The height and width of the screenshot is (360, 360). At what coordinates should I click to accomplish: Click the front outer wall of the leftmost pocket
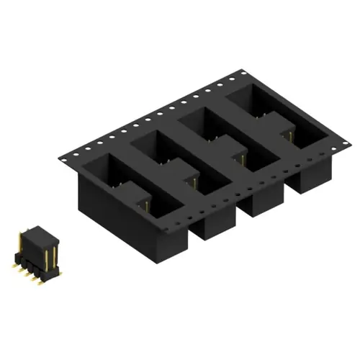pos(108,209)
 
